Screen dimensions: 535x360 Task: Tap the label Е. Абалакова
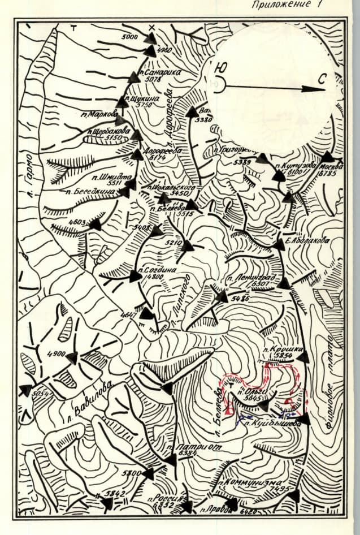pos(308,240)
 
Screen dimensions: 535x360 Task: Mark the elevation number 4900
pos(57,354)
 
